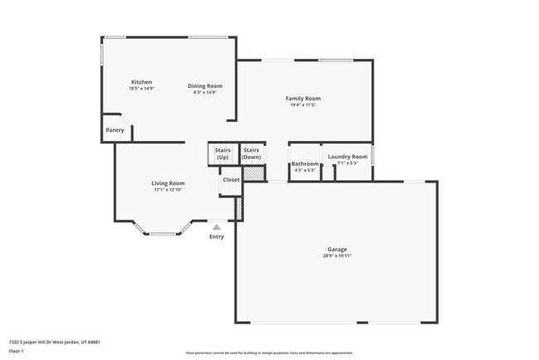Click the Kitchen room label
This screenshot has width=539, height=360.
point(142,81)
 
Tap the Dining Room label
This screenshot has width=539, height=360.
point(205,85)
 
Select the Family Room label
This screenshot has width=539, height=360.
point(304,99)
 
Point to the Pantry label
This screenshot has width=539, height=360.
point(114,130)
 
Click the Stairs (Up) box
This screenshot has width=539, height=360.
point(222,153)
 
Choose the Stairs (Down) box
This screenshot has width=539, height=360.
point(252,153)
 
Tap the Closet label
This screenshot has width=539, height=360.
point(231,179)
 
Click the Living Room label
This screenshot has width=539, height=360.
point(168,183)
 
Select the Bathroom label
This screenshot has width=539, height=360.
point(304,164)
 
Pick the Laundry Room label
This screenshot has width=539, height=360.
point(347,157)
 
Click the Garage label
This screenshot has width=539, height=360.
point(337,249)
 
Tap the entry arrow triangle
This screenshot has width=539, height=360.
point(216,225)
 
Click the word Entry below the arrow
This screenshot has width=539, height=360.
point(216,236)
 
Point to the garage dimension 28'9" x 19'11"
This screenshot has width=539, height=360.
point(337,256)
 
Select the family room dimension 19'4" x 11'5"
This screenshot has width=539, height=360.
point(304,105)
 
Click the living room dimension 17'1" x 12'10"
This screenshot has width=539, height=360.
point(168,190)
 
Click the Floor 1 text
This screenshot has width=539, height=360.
point(16,350)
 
